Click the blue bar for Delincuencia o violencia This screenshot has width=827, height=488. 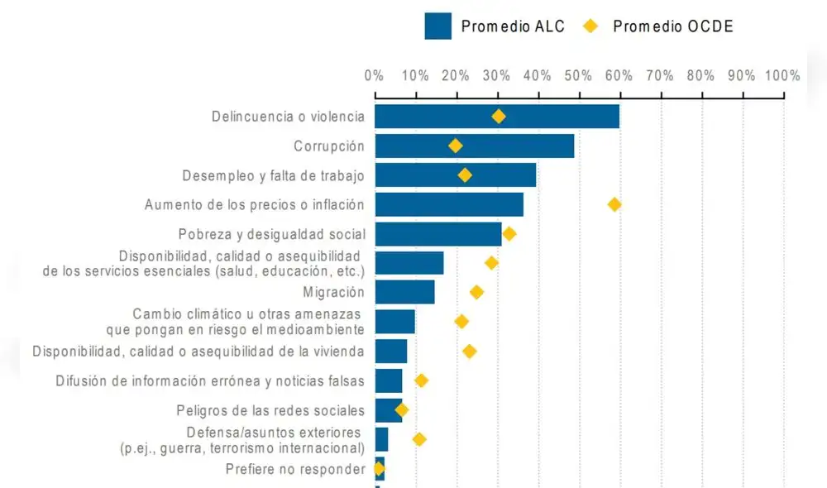tap(496, 117)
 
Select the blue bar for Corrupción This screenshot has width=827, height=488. tap(474, 146)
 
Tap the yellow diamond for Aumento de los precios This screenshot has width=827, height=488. tap(614, 204)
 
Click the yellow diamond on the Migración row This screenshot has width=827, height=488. tap(476, 292)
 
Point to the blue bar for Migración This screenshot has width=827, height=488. tap(404, 292)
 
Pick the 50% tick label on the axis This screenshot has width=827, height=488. tap(579, 75)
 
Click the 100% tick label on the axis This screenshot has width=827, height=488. tap(782, 75)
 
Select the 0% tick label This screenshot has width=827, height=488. tap(375, 75)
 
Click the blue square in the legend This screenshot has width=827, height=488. tap(437, 26)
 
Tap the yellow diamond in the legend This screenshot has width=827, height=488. tap(590, 26)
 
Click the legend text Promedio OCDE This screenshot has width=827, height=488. tap(672, 26)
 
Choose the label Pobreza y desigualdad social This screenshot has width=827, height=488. tap(271, 234)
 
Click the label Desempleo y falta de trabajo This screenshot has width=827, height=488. tap(273, 175)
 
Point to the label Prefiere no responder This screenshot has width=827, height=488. tap(295, 470)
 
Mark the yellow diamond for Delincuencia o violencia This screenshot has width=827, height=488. tap(498, 117)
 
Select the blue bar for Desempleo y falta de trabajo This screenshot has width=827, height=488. tap(455, 175)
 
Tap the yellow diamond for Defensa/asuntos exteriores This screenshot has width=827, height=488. tap(419, 439)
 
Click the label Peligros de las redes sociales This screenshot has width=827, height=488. tap(270, 410)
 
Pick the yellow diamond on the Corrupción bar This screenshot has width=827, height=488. tap(455, 146)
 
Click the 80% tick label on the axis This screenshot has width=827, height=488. tap(700, 75)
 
